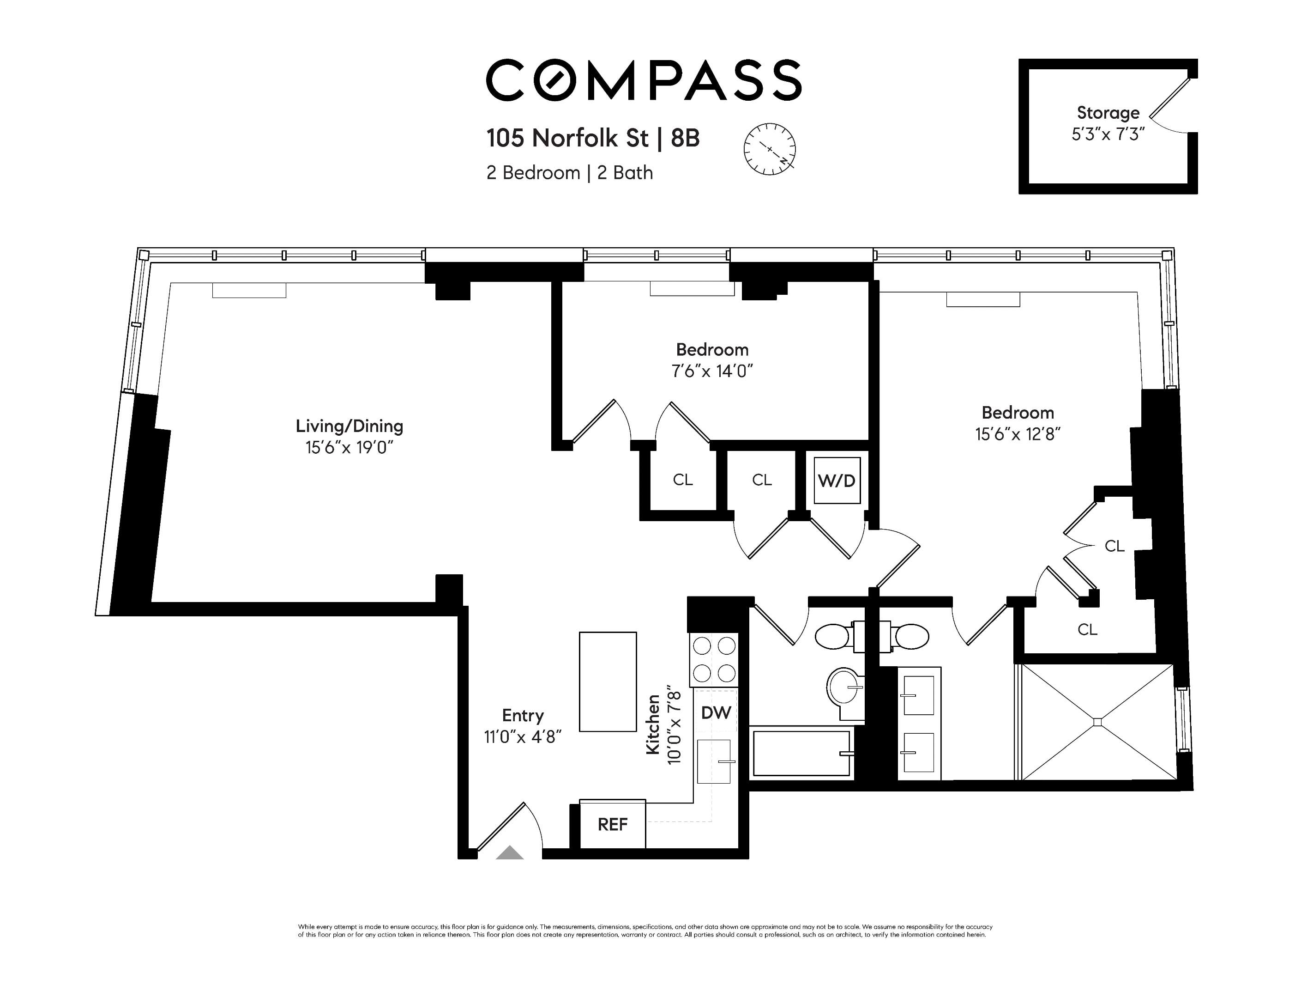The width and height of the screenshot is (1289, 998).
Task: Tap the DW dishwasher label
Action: click(x=716, y=713)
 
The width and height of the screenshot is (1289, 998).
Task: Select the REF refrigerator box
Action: click(x=612, y=824)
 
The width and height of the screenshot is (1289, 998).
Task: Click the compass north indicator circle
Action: click(x=769, y=149)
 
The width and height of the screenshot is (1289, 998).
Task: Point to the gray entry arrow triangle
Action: click(x=509, y=853)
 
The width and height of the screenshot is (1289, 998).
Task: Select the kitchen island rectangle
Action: click(x=607, y=682)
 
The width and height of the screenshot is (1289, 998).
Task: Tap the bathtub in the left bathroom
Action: click(x=801, y=754)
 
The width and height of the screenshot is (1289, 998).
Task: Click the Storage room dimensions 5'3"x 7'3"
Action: click(x=1108, y=134)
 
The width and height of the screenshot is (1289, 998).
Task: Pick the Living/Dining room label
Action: click(x=349, y=426)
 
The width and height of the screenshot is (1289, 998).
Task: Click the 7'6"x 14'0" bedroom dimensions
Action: click(x=712, y=371)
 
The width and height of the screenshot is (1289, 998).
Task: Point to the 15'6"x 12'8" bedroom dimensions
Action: click(x=1018, y=435)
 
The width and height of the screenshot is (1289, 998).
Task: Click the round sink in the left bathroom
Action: click(x=844, y=687)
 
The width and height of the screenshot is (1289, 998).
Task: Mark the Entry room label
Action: click(x=522, y=716)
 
